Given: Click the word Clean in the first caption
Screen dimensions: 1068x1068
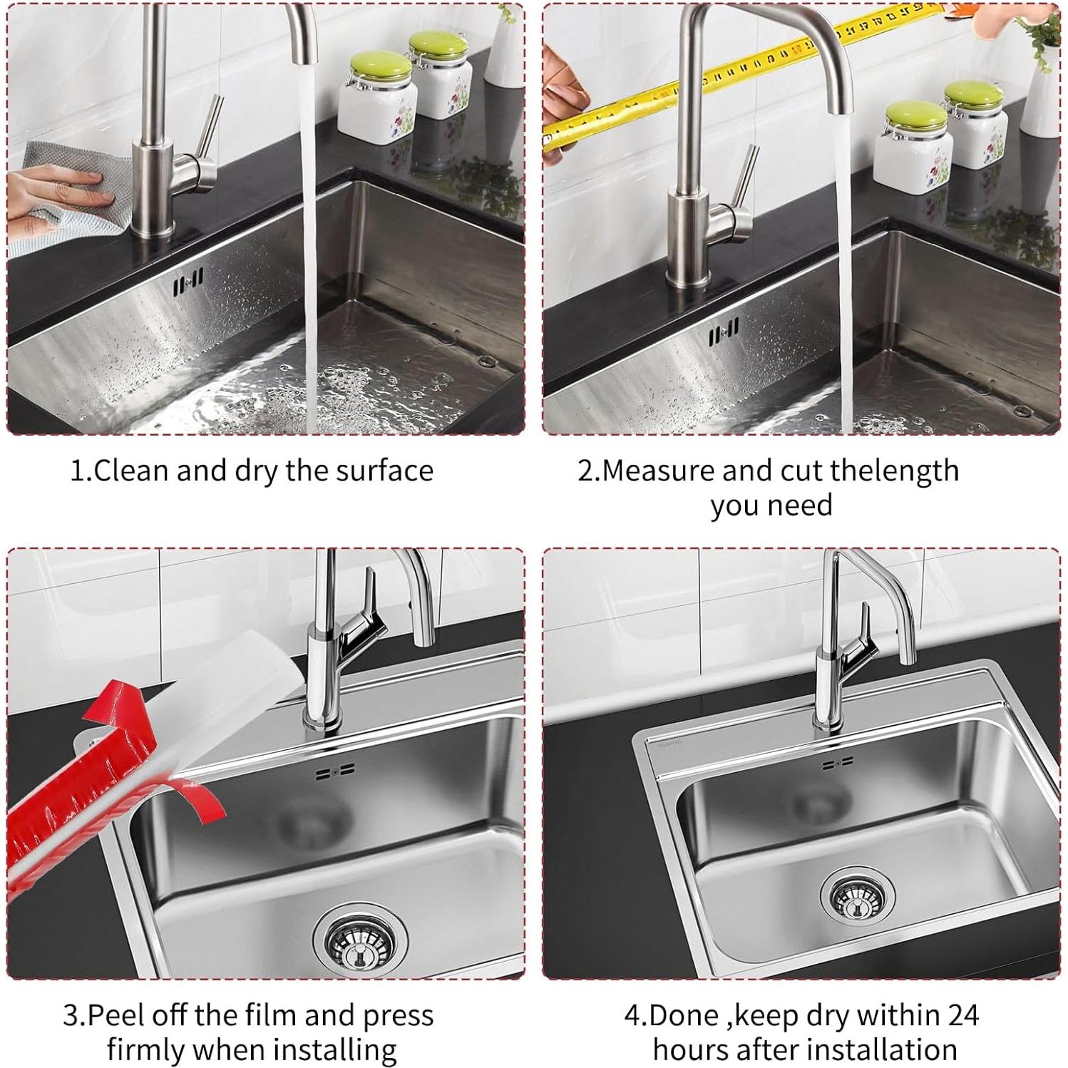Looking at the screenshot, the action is (x=131, y=471).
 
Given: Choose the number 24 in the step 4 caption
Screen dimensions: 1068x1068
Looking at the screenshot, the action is (x=960, y=1015).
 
